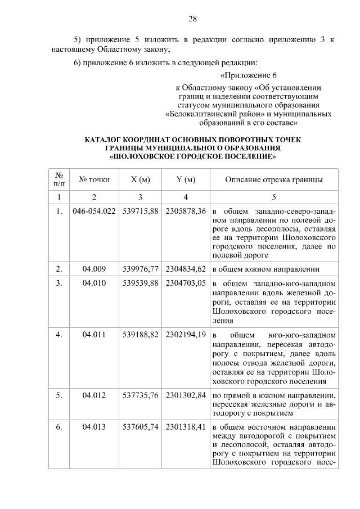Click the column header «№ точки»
click(94, 180)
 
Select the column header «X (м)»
click(140, 180)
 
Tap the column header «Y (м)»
click(186, 180)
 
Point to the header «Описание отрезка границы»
click(273, 180)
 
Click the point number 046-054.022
click(94, 211)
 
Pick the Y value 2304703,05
click(186, 283)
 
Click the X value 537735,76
click(140, 395)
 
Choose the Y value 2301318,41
click(186, 427)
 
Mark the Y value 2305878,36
click(186, 211)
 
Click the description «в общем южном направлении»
click(267, 268)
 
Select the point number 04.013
click(94, 427)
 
